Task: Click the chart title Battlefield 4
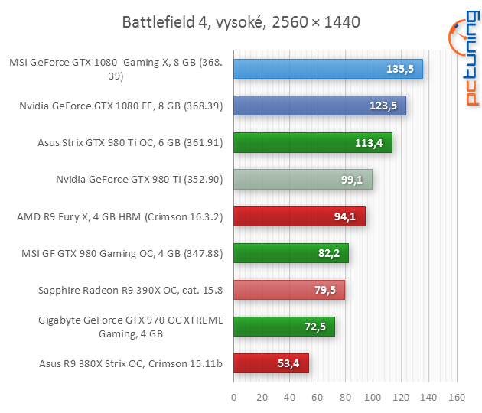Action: (x=240, y=21)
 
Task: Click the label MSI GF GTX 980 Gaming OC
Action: (x=124, y=253)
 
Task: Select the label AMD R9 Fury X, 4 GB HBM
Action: (x=119, y=216)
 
